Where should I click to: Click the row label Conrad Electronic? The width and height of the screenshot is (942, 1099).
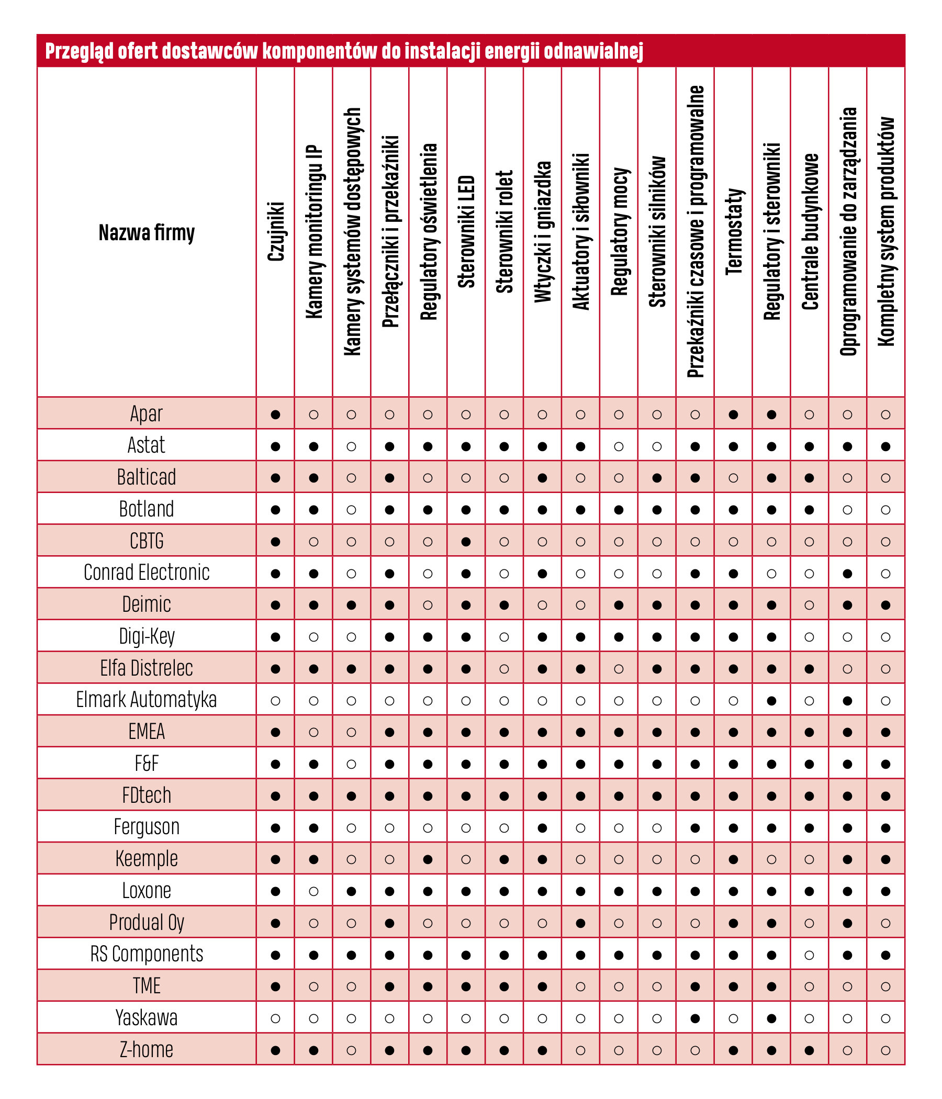pyautogui.click(x=147, y=573)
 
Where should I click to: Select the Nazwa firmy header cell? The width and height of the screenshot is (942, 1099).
pyautogui.click(x=147, y=232)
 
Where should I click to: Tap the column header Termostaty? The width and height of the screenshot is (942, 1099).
pyautogui.click(x=733, y=232)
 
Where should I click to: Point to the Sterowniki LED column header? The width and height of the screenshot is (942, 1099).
pyautogui.click(x=466, y=232)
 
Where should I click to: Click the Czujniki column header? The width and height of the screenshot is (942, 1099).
pyautogui.click(x=275, y=232)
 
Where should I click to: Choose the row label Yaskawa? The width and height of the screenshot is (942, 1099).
pyautogui.click(x=147, y=1018)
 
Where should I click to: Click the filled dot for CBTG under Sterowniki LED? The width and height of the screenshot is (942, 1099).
pyautogui.click(x=466, y=542)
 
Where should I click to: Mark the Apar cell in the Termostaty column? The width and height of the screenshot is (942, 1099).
pyautogui.click(x=733, y=414)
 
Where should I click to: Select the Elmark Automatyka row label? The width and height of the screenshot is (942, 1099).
pyautogui.click(x=147, y=700)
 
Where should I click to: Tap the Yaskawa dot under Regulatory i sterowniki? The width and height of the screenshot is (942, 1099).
pyautogui.click(x=771, y=1018)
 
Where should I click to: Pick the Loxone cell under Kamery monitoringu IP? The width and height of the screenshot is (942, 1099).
pyautogui.click(x=313, y=891)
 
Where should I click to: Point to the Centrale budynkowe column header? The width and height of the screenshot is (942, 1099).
pyautogui.click(x=810, y=232)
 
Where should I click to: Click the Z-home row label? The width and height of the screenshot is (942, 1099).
pyautogui.click(x=147, y=1050)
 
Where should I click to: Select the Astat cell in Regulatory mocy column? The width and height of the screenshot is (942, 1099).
pyautogui.click(x=619, y=446)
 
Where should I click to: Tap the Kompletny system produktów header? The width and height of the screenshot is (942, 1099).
pyautogui.click(x=886, y=232)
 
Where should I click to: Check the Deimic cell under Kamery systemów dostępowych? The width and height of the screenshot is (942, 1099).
pyautogui.click(x=351, y=604)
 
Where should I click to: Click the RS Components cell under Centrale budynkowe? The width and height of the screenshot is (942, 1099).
pyautogui.click(x=810, y=955)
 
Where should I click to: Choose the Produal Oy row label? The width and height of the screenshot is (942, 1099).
pyautogui.click(x=147, y=923)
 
